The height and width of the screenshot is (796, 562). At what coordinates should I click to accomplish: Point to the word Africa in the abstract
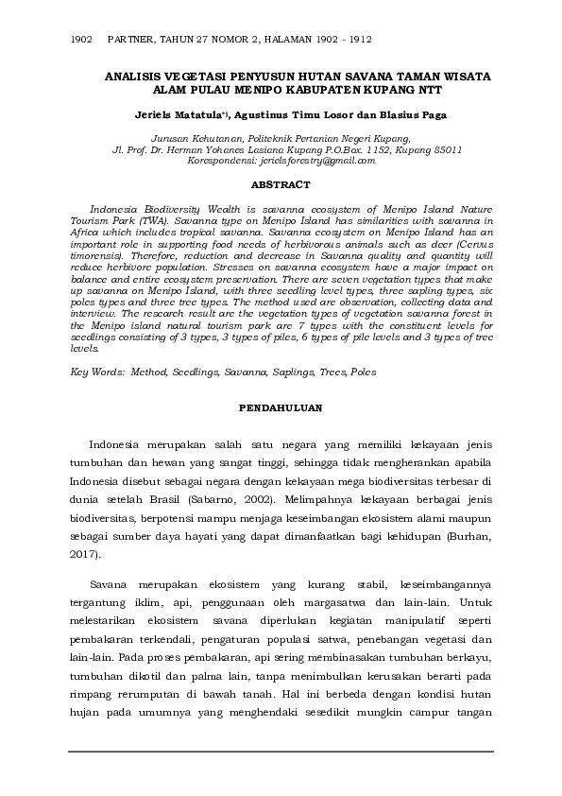click(90, 231)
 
